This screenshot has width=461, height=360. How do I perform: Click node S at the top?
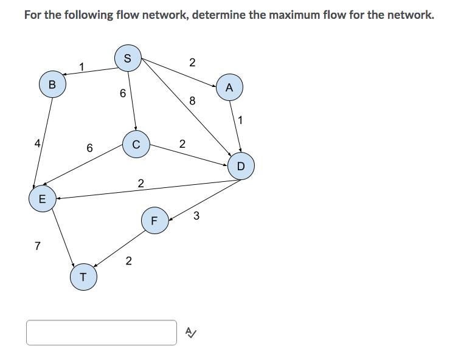click(128, 58)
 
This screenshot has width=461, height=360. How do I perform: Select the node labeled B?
click(52, 85)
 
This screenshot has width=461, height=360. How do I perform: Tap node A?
click(229, 87)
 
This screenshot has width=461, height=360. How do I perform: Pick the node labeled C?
click(136, 144)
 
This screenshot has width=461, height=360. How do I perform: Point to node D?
click(240, 165)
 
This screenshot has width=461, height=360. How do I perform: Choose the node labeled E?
click(42, 198)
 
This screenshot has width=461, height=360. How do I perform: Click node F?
click(154, 220)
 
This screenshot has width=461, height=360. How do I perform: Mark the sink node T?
click(83, 278)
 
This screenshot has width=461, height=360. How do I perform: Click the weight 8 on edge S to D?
click(192, 102)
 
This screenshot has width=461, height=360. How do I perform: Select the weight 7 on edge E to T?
click(38, 246)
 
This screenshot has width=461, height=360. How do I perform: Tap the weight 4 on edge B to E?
click(37, 144)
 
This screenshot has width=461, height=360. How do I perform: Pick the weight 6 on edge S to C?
click(123, 94)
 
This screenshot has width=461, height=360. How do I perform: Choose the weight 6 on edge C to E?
click(89, 148)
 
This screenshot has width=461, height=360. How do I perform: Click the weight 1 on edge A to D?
click(241, 120)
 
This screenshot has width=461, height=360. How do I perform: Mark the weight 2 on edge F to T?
click(128, 261)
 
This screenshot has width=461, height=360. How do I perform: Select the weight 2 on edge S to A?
click(192, 62)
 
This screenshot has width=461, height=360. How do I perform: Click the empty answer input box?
click(101, 333)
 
